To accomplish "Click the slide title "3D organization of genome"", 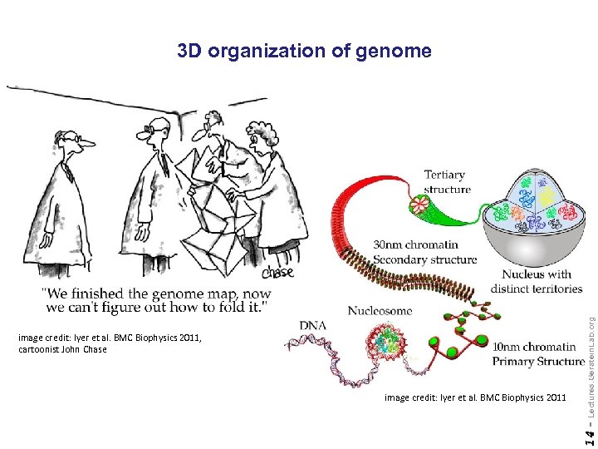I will coord(304,52).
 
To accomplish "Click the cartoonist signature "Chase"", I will coord(277,273).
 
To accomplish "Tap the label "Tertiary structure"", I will coord(447,182).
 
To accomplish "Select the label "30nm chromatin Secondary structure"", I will coord(424,252).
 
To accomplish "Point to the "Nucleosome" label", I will coord(380,311).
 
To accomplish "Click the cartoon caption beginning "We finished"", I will coord(155,300).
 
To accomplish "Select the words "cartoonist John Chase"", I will coord(62,349).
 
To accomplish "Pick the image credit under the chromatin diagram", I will coord(475,398).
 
